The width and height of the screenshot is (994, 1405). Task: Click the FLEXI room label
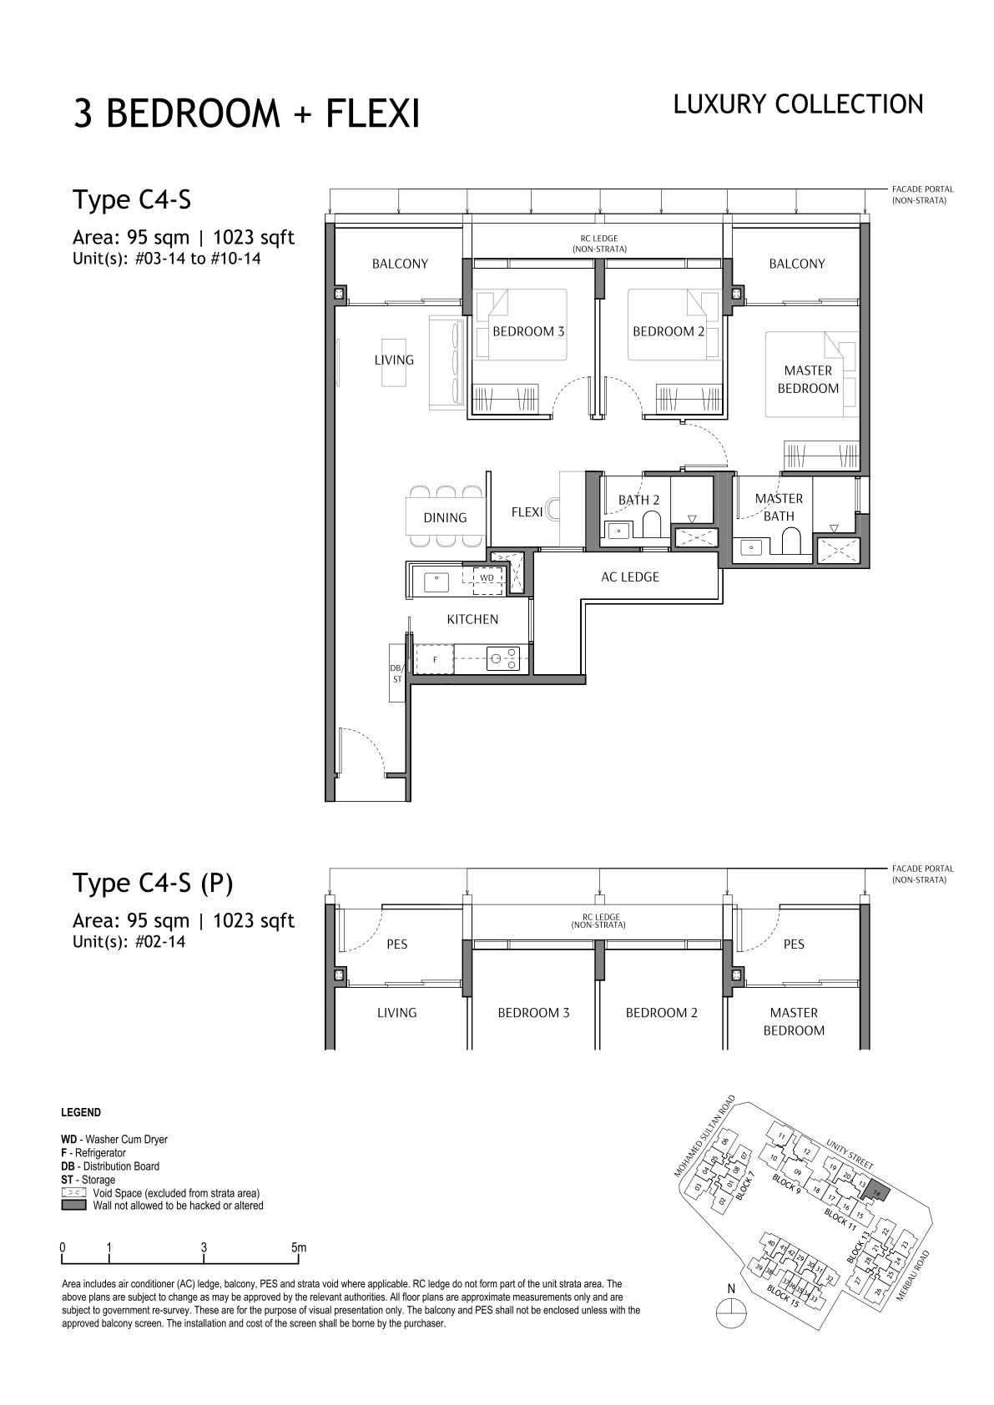tap(527, 511)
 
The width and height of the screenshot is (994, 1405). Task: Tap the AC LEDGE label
tap(630, 577)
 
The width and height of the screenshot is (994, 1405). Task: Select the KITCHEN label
tap(472, 619)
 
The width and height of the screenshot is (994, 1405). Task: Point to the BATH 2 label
tap(638, 500)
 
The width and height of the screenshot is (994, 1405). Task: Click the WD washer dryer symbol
tap(487, 577)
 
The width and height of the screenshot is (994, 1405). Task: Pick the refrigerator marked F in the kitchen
tap(434, 660)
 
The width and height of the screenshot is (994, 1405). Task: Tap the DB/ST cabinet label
tap(396, 673)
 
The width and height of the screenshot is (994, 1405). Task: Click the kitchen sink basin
tap(436, 582)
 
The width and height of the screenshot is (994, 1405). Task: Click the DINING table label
tap(445, 517)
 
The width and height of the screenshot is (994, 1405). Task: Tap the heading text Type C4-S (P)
tap(153, 884)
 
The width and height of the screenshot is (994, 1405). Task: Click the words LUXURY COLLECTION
tap(798, 105)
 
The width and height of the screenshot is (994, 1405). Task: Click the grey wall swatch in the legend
tap(73, 1206)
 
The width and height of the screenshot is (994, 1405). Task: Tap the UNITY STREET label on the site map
tap(850, 1154)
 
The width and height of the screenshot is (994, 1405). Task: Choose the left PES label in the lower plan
tap(397, 944)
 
